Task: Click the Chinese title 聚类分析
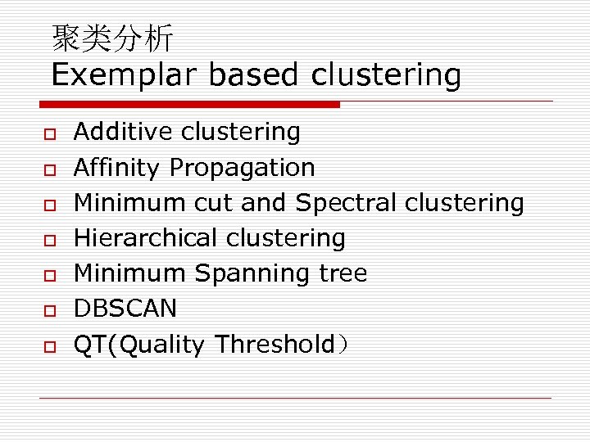(x=112, y=38)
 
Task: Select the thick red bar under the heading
(x=189, y=105)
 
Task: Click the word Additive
(x=124, y=132)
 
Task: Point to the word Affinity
(x=116, y=168)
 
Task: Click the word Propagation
(x=242, y=168)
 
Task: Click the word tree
(x=344, y=273)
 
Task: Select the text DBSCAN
(x=125, y=309)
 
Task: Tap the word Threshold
(x=275, y=345)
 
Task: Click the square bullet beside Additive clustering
(x=49, y=133)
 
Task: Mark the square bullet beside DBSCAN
(x=49, y=310)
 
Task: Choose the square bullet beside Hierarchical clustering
(x=49, y=240)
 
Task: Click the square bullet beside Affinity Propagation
(x=49, y=169)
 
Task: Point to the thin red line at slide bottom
(x=295, y=398)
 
